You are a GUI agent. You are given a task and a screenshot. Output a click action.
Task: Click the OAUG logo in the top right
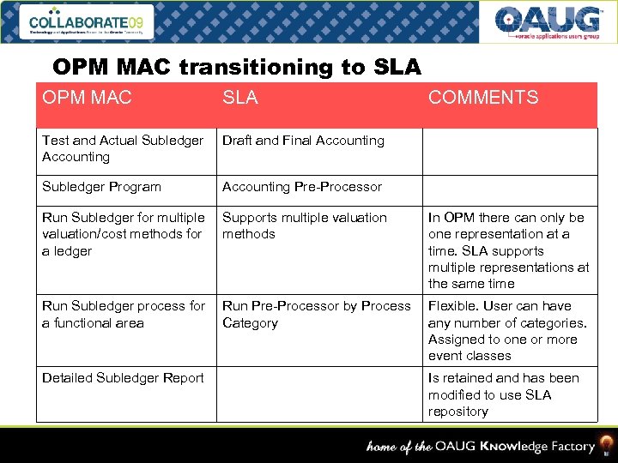click(548, 21)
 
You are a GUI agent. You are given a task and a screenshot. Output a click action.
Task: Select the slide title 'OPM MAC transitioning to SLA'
click(236, 67)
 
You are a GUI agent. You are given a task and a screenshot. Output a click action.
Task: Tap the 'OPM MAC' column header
click(87, 98)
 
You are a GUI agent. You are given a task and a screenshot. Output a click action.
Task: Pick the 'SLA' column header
click(239, 98)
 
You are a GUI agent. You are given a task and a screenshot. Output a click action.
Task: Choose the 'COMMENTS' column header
click(483, 98)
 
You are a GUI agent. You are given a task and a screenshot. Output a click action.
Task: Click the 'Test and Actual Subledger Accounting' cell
click(123, 148)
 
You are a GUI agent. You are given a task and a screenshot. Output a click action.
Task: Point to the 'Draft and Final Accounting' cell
click(303, 141)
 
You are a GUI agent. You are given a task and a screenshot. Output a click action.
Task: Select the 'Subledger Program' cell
click(102, 187)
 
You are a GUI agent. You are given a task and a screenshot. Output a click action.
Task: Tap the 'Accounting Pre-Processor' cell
click(301, 187)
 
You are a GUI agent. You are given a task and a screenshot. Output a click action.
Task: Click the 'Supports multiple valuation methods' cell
click(305, 225)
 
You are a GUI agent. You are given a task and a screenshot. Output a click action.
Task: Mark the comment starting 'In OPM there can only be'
click(508, 250)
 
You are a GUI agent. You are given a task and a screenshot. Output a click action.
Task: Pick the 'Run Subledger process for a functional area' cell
click(124, 315)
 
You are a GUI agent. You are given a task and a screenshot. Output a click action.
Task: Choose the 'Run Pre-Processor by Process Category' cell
click(316, 315)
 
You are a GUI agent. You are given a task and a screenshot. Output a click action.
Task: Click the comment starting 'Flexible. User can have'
click(507, 331)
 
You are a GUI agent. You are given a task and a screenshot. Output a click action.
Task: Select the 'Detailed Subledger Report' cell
click(123, 378)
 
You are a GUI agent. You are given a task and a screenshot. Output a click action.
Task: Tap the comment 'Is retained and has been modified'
click(503, 394)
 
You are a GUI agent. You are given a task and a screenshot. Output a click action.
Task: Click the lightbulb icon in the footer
click(607, 445)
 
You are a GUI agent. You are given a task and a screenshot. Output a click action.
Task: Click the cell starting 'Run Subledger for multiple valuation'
click(124, 234)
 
